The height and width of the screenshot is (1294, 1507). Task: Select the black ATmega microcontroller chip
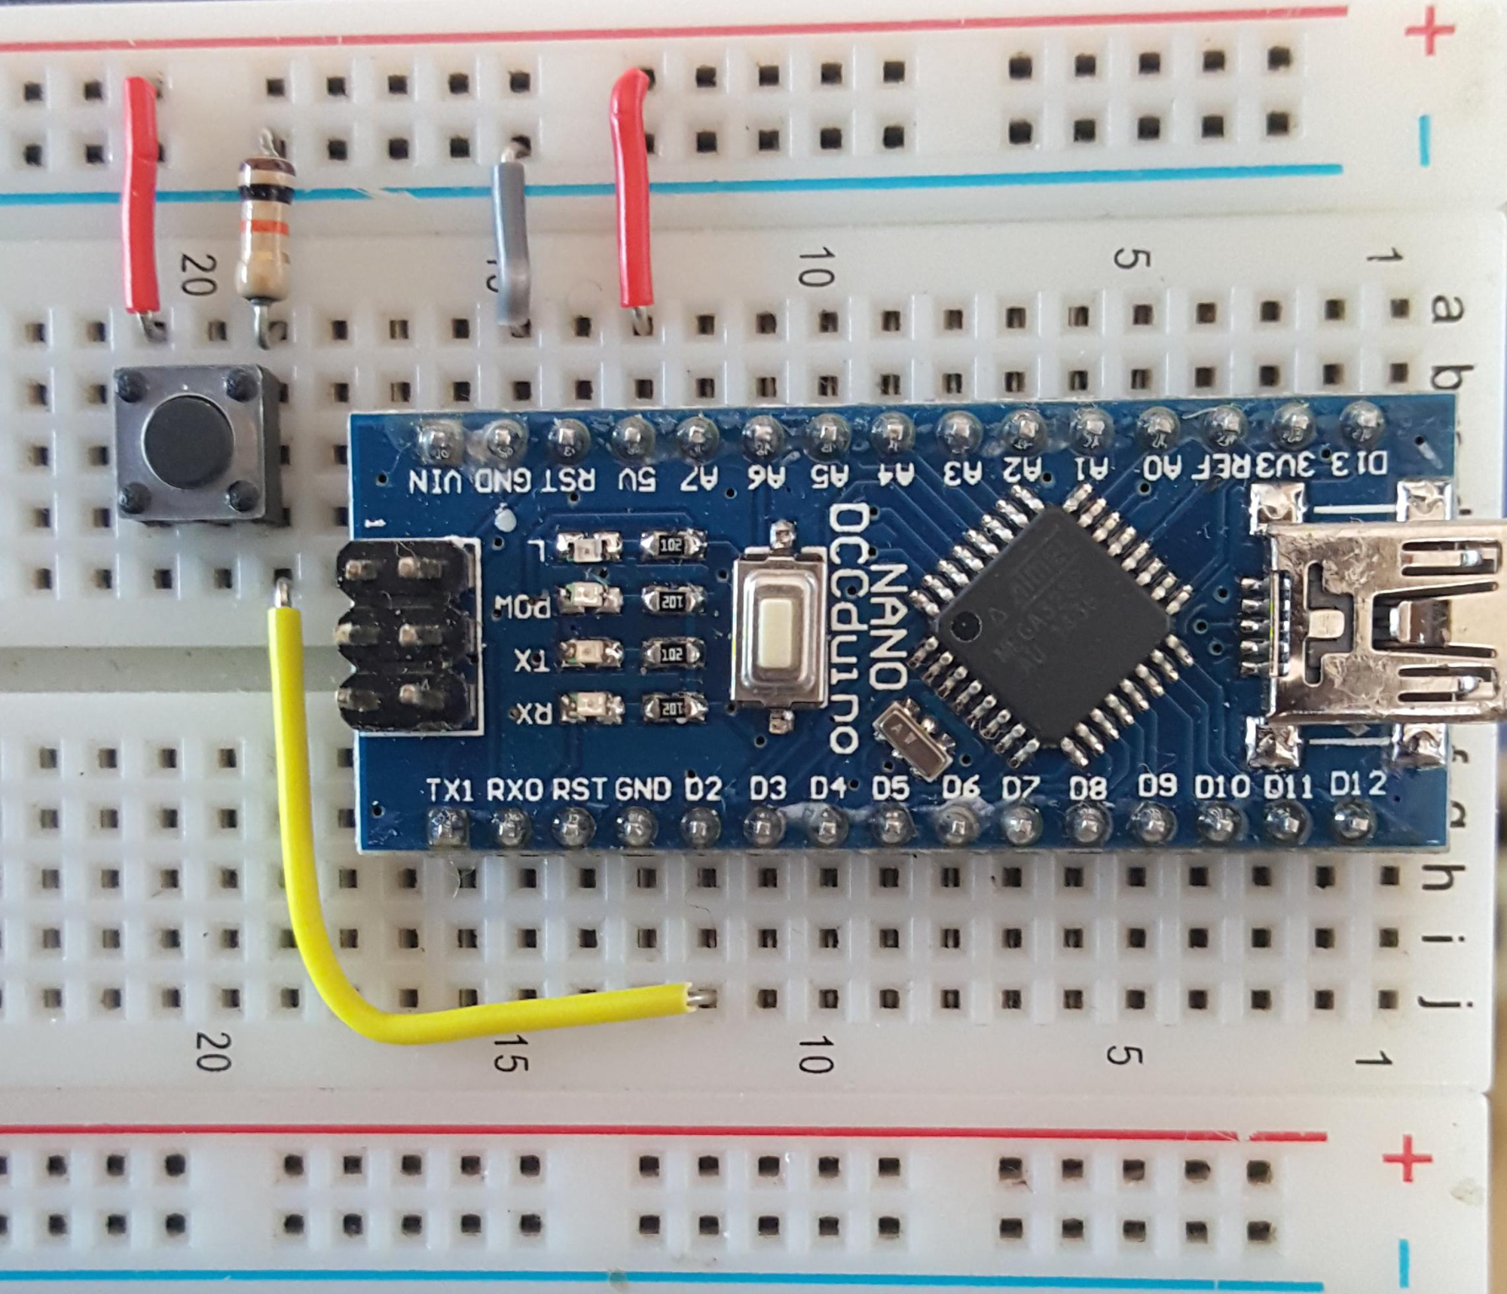point(1051,622)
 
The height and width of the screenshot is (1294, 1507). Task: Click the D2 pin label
point(702,789)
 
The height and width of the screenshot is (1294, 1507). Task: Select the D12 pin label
point(1357,785)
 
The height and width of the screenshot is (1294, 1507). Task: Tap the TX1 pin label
point(450,791)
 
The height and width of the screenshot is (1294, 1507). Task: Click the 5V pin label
point(637,479)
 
